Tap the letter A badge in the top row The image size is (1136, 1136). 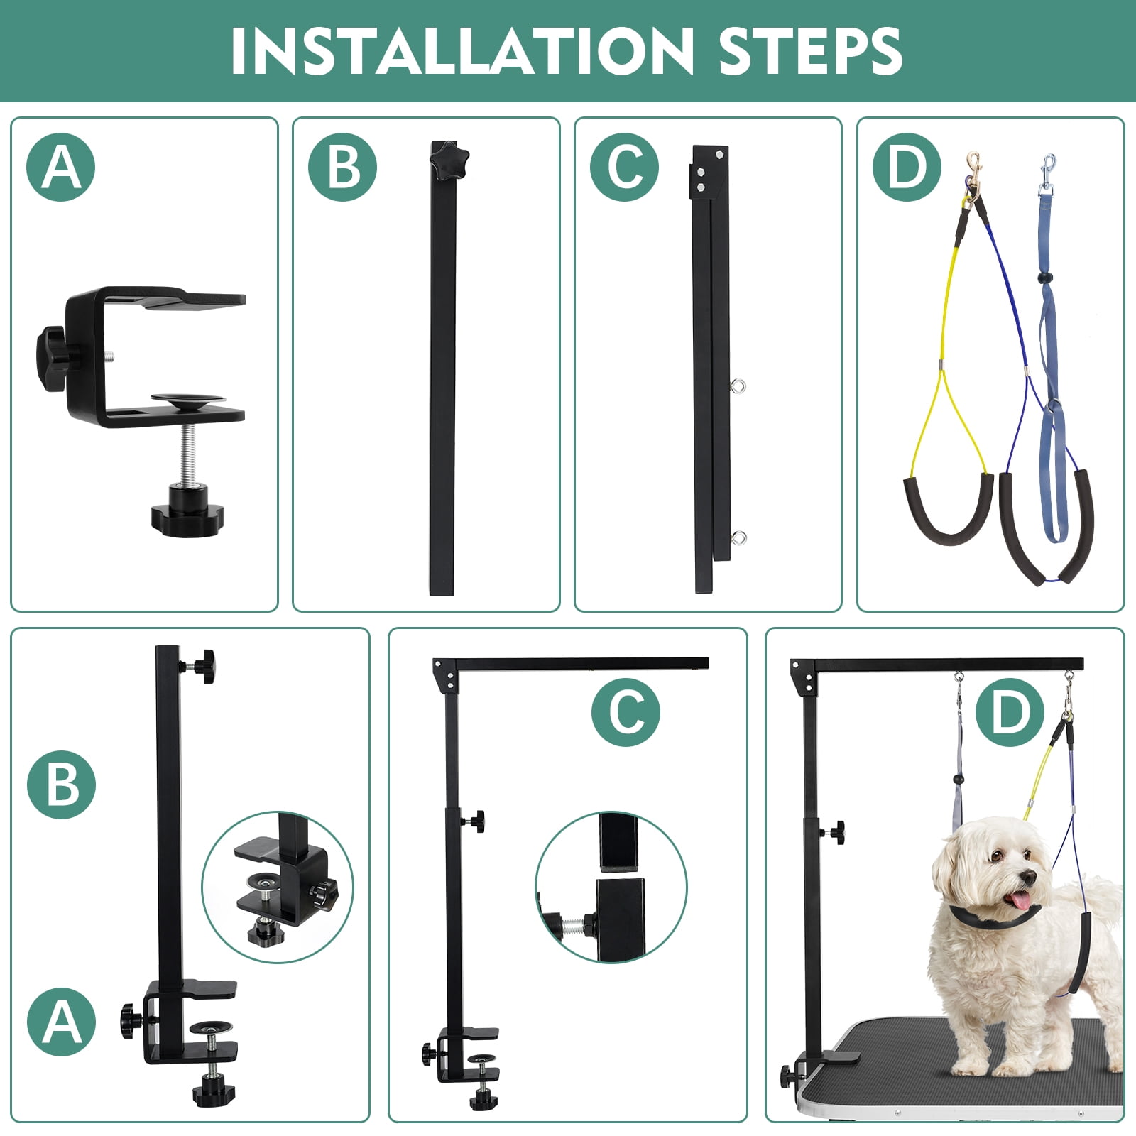(61, 167)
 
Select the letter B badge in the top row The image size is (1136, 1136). (343, 167)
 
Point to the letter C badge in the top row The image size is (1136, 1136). (625, 167)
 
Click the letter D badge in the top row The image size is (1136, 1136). (907, 167)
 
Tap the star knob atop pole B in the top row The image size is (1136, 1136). (451, 153)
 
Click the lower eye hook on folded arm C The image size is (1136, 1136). (738, 537)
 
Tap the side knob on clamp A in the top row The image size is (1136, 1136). (52, 358)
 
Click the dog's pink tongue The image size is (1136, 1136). (1022, 901)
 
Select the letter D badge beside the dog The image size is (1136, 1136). (1010, 711)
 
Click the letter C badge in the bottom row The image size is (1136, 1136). (626, 711)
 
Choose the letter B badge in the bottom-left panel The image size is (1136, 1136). (61, 785)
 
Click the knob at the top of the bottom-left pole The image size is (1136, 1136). (200, 665)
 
